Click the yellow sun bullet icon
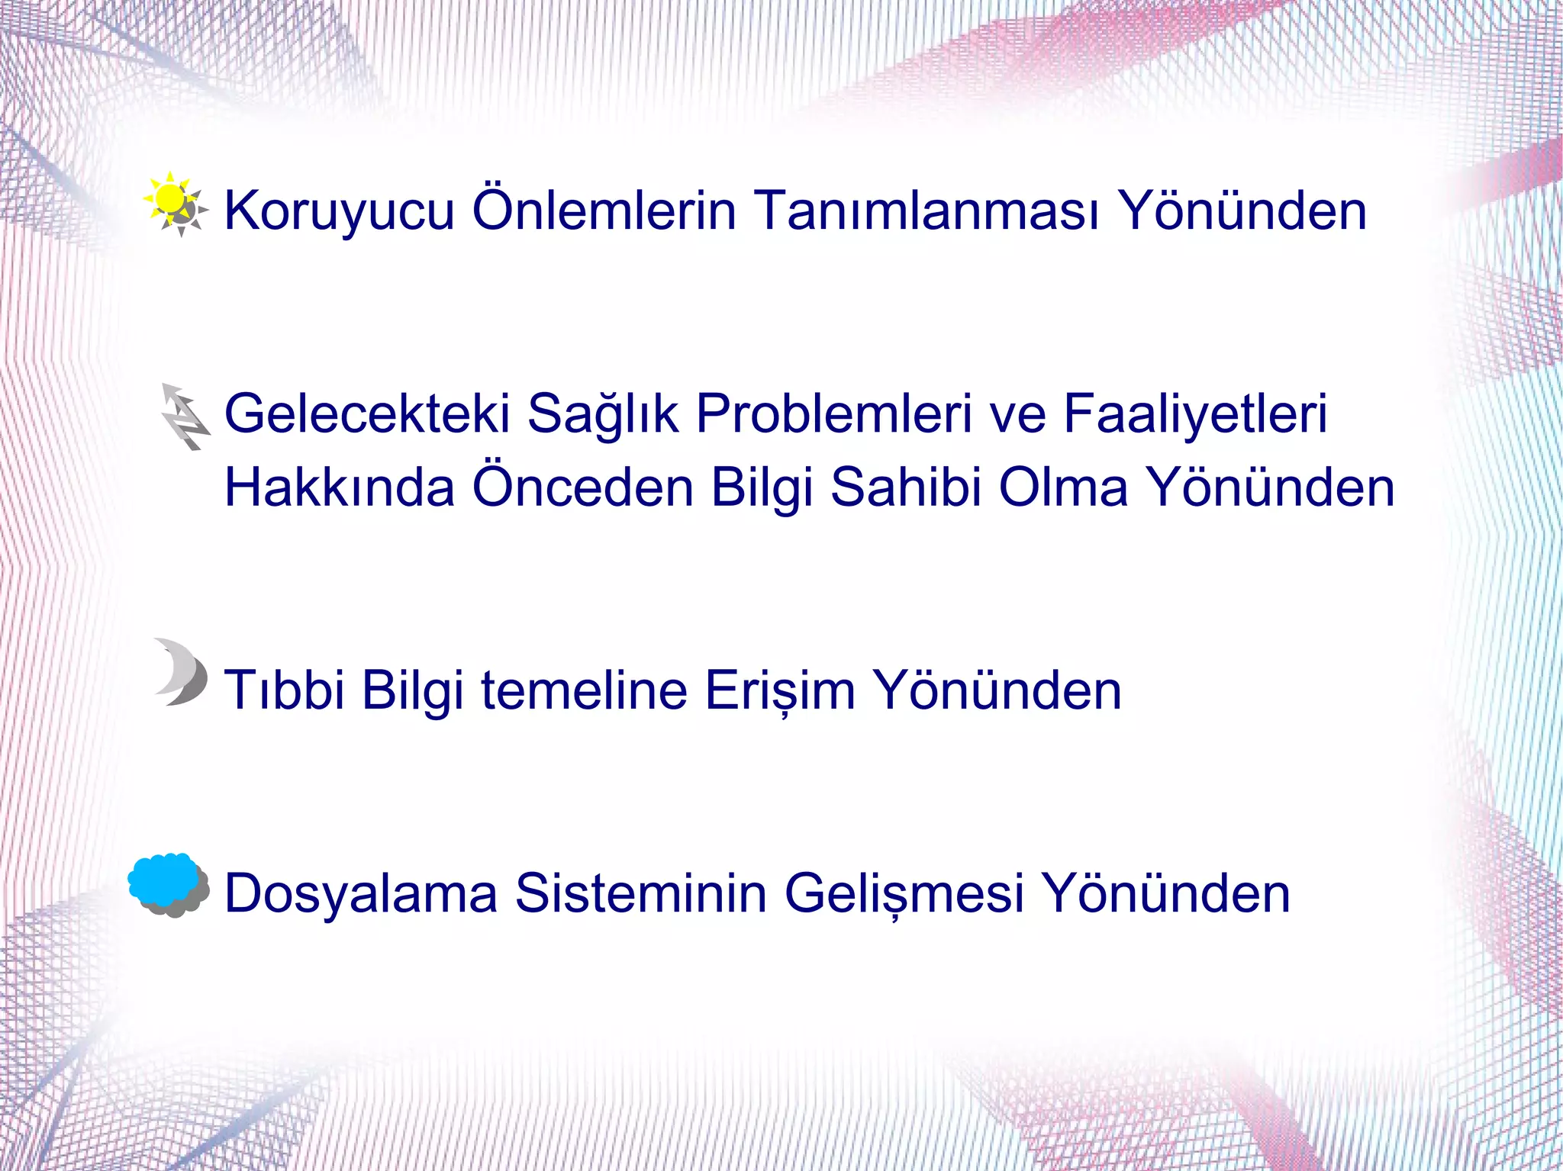175,203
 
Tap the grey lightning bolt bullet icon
183,417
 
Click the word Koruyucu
339,211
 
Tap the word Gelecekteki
366,414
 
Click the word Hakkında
340,487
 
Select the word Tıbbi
284,690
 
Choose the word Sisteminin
640,893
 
